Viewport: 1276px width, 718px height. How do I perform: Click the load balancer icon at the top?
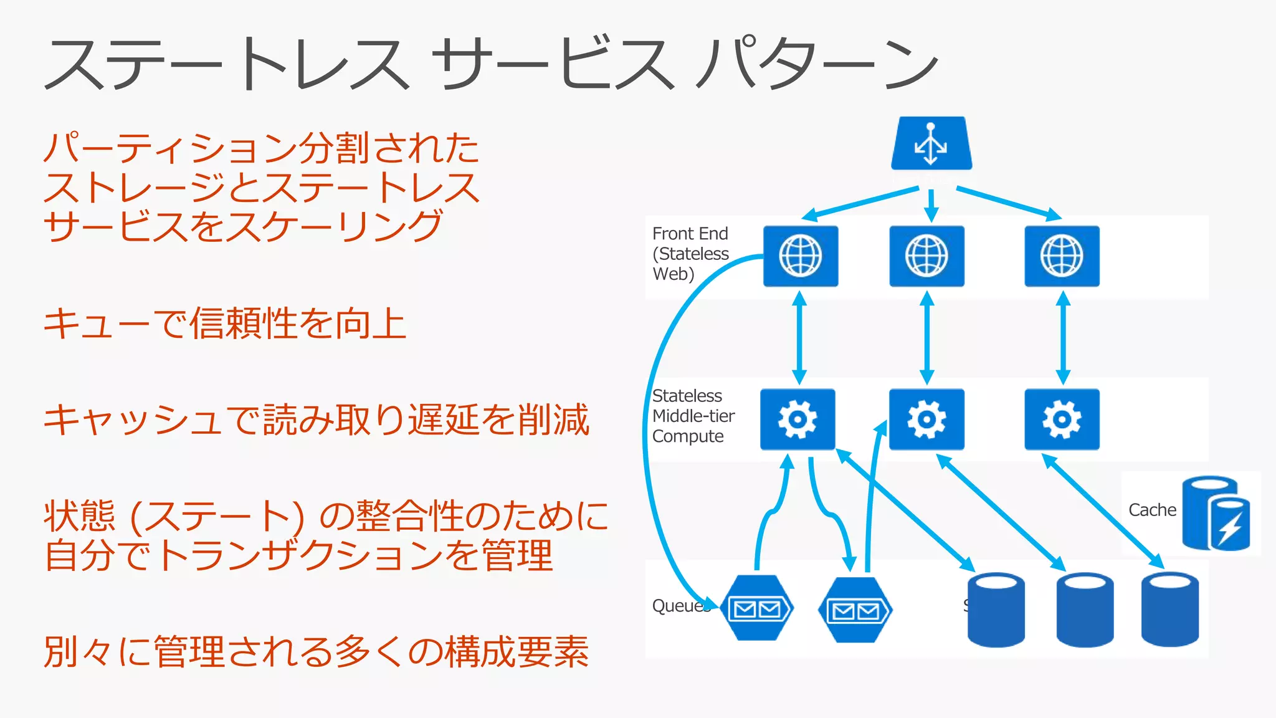pyautogui.click(x=931, y=144)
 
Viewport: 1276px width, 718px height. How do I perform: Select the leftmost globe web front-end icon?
pyautogui.click(x=801, y=256)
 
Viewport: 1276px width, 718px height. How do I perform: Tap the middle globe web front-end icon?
pyautogui.click(x=926, y=256)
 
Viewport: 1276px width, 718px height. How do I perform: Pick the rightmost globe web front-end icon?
pyautogui.click(x=1062, y=256)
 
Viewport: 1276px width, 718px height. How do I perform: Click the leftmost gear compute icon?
pyautogui.click(x=797, y=419)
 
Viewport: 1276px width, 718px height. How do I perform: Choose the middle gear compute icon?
pyautogui.click(x=926, y=419)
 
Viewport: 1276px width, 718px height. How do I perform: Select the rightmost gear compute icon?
pyautogui.click(x=1062, y=419)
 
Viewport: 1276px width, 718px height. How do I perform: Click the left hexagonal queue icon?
pyautogui.click(x=756, y=608)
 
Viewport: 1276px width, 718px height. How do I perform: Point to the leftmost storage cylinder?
pyautogui.click(x=996, y=610)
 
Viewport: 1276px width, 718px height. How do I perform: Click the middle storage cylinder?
pyautogui.click(x=1085, y=610)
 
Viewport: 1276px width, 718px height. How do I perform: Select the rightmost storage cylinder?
pyautogui.click(x=1169, y=610)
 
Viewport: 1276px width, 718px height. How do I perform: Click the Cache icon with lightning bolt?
pyautogui.click(x=1217, y=514)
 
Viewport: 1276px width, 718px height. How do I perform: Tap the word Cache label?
pyautogui.click(x=1152, y=510)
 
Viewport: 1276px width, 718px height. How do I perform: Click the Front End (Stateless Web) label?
pyautogui.click(x=690, y=254)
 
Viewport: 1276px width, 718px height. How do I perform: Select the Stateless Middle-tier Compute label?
pyautogui.click(x=693, y=416)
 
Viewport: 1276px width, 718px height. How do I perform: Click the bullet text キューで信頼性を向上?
pyautogui.click(x=225, y=323)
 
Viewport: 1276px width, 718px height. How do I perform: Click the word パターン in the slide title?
pyautogui.click(x=816, y=64)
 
